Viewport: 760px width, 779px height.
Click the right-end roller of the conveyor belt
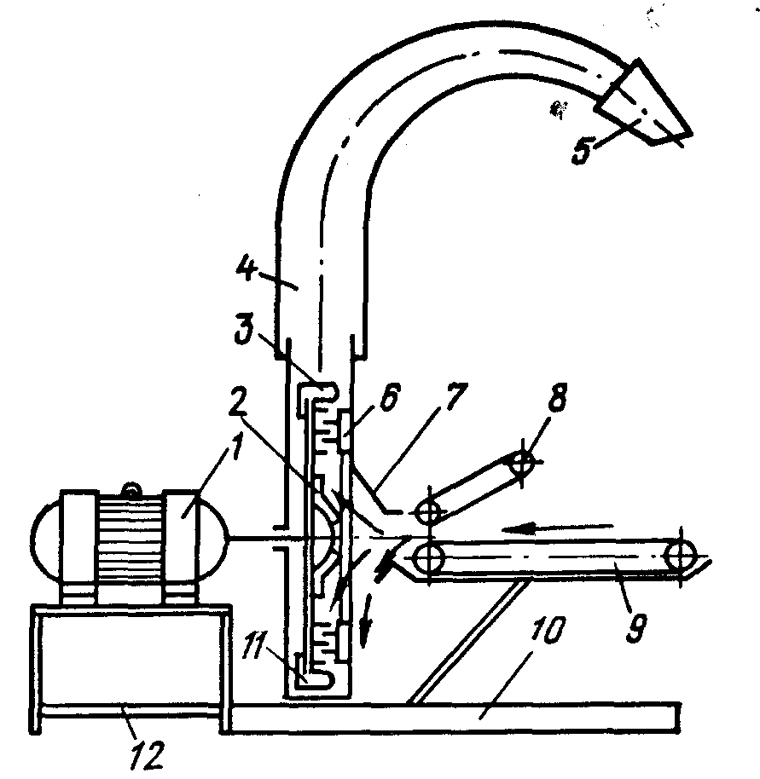coord(682,558)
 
